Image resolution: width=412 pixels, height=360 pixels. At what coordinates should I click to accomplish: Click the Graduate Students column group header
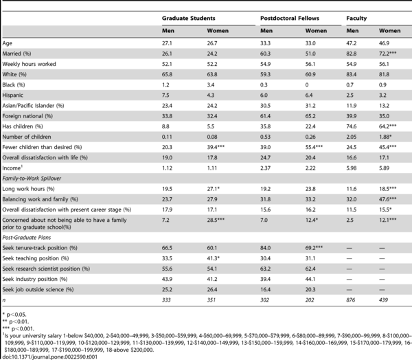point(188,18)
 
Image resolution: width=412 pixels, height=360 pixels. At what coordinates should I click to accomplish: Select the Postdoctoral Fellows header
point(290,18)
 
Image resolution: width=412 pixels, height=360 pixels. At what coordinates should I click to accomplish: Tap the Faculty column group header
point(356,19)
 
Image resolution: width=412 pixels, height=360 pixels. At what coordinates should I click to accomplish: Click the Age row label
point(7,43)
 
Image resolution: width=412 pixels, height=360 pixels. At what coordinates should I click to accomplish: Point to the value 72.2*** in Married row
point(387,54)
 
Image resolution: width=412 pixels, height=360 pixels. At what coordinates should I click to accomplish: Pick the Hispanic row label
point(12,95)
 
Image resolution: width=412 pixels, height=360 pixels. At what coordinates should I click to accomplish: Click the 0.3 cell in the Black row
point(264,85)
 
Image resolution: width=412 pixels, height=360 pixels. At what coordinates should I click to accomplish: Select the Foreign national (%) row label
point(27,116)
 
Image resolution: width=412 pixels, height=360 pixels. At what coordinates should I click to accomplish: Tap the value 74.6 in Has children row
point(352,126)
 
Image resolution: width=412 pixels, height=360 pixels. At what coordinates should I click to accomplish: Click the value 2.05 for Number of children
point(352,137)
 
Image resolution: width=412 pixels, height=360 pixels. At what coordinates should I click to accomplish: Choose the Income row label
point(12,168)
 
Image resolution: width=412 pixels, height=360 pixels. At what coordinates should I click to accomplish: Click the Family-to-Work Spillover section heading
point(32,179)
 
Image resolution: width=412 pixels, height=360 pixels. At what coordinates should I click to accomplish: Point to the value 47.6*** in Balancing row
point(387,199)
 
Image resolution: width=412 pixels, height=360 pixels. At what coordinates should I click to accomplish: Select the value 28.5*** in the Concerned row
point(216,220)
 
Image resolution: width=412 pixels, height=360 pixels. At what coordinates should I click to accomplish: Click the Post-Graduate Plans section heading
point(27,238)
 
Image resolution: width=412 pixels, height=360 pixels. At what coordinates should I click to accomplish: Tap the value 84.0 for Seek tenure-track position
point(265,248)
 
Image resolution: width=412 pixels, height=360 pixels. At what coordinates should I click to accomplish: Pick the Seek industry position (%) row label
point(35,279)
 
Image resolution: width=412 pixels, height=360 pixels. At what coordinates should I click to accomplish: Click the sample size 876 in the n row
point(350,300)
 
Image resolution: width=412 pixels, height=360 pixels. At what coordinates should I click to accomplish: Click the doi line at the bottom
point(49,357)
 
